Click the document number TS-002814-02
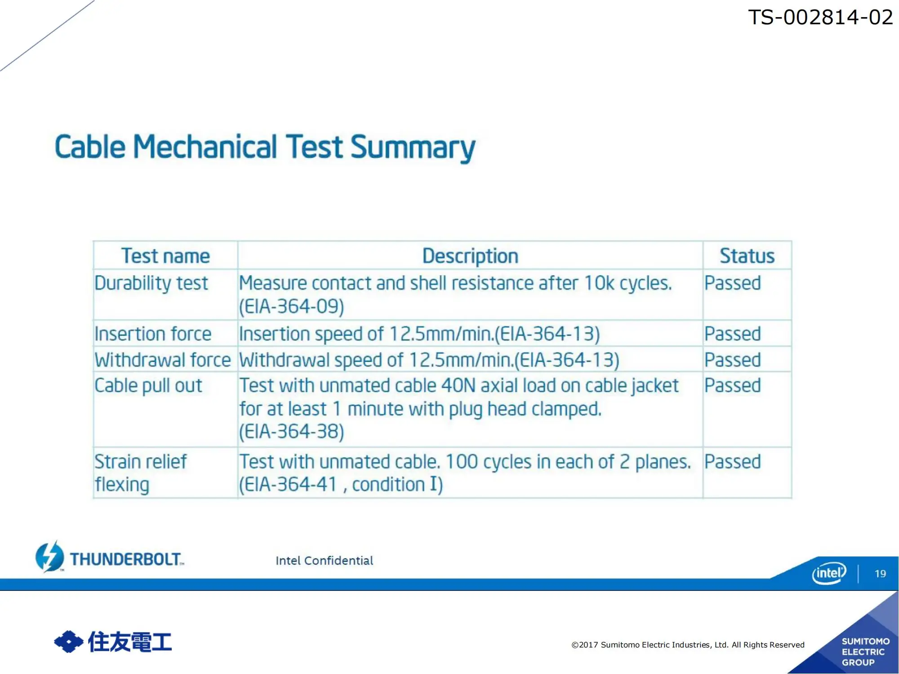[x=820, y=18]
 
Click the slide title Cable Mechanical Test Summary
[x=265, y=147]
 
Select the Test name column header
[x=165, y=256]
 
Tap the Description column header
[x=470, y=256]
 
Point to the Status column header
[x=747, y=256]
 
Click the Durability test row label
[x=151, y=284]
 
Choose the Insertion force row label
[x=153, y=334]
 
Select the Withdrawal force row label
[x=162, y=360]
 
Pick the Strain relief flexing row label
[x=140, y=473]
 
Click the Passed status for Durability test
[x=732, y=283]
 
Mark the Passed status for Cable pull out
[x=732, y=386]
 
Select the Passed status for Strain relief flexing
[x=732, y=461]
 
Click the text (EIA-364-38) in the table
[x=291, y=432]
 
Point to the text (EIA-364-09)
[x=291, y=307]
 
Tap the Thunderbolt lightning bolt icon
[x=49, y=557]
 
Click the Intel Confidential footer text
[x=324, y=560]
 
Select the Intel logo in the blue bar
[x=829, y=573]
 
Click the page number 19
[x=880, y=573]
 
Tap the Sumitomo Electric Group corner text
[x=865, y=652]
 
